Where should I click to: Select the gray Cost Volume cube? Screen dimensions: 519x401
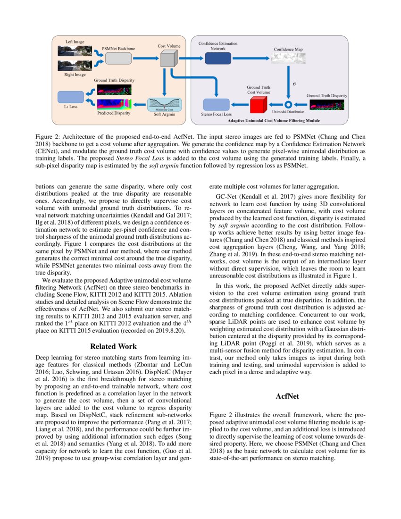coord(168,59)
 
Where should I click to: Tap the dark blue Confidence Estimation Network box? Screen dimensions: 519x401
coord(218,58)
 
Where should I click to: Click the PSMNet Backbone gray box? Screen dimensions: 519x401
coord(118,59)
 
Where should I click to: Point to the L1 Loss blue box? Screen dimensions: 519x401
coord(70,97)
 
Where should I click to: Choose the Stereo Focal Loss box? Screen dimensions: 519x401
coord(216,104)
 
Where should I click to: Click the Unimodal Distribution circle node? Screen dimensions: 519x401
coord(288,104)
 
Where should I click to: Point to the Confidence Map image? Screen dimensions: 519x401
coord(288,58)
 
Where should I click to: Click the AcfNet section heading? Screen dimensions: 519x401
coord(287,396)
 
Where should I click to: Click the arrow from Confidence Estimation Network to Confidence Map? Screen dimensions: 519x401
coord(251,58)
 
